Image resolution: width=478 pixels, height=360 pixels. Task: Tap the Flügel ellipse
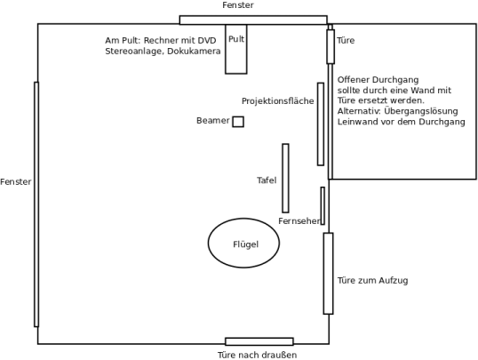(208, 243)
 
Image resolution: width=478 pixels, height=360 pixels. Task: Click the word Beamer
(212, 121)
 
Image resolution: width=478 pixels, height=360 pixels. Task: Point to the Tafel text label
(267, 180)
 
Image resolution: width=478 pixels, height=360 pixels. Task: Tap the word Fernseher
(299, 220)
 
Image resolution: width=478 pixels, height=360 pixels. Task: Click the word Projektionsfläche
(278, 101)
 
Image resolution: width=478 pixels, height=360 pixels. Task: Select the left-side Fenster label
(16, 182)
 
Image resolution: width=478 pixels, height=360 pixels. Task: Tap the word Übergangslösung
(421, 111)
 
